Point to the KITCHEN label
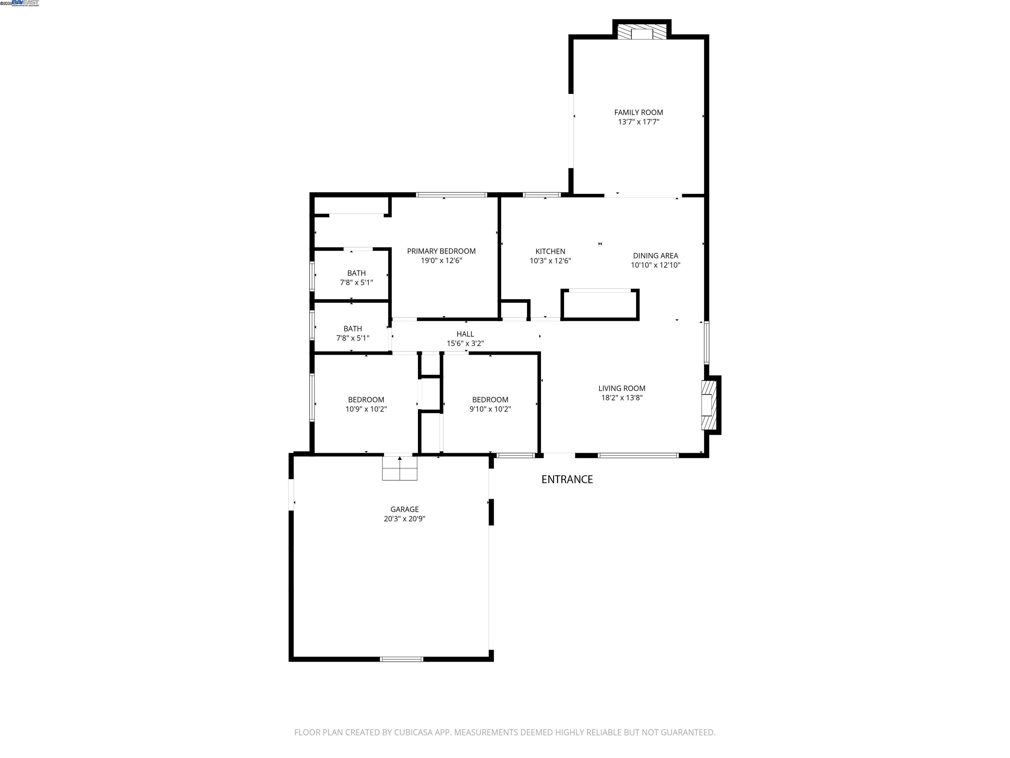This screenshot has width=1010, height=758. coord(550,251)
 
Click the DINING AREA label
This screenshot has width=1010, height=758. coord(655,256)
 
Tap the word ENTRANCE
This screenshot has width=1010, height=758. coord(566,479)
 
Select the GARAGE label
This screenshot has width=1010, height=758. coord(404,509)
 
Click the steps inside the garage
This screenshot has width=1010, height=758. coord(399,468)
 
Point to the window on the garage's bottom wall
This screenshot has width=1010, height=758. coord(401,659)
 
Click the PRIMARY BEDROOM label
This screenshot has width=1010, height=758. coord(441,251)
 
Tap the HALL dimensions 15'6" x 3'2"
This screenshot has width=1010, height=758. coord(465,343)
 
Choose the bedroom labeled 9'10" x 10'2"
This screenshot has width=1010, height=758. coord(490,404)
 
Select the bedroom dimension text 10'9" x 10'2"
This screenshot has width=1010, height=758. coord(366,409)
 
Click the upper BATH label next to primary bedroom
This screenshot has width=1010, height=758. coord(356,273)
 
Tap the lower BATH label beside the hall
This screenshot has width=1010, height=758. coord(352,329)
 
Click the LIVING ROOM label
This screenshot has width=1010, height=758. coord(621,388)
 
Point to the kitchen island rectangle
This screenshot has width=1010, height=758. coord(599,304)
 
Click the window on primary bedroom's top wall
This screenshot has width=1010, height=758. coord(451,195)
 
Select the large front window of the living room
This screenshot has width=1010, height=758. coord(638,455)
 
